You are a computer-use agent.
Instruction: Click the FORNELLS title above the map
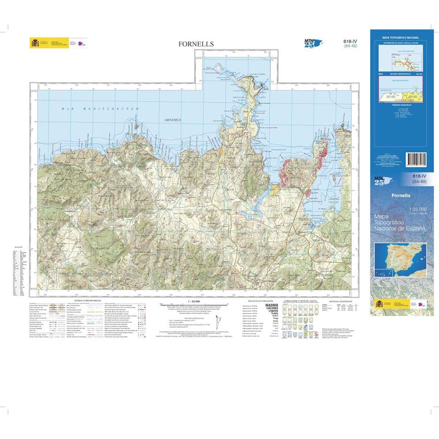[196, 44]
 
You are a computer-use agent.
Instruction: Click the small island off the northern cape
[216, 68]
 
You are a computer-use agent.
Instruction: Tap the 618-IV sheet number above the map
[351, 41]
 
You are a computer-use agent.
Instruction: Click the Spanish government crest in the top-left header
[34, 43]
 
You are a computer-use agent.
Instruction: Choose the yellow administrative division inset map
[399, 92]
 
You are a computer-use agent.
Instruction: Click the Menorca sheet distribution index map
[399, 59]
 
